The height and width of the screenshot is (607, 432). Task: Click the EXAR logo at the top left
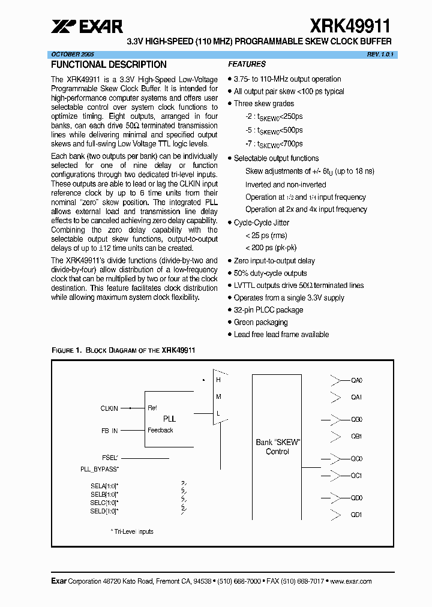pos(87,26)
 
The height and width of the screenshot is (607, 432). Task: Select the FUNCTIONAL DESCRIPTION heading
pos(109,65)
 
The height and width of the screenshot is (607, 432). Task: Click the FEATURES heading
pos(247,64)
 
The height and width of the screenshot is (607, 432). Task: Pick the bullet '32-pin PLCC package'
pos(268,310)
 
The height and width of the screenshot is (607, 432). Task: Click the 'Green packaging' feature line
pos(260,323)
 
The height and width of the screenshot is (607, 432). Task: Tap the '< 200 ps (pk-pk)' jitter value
pos(271,248)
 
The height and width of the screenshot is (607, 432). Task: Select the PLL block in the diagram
pos(170,419)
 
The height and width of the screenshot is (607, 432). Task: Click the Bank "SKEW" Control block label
pos(277,447)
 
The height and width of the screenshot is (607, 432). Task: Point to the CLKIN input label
pos(109,408)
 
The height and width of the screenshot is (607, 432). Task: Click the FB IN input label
pos(110,430)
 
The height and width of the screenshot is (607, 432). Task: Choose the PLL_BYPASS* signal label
pos(100,468)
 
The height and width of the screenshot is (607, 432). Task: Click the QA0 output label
pos(356,380)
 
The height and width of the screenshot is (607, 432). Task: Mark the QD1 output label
pos(356,515)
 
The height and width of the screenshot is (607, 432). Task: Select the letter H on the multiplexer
pos(218,380)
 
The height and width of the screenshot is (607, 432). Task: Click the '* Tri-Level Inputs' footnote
pos(131,531)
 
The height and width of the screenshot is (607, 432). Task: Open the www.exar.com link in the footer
pos(351,581)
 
